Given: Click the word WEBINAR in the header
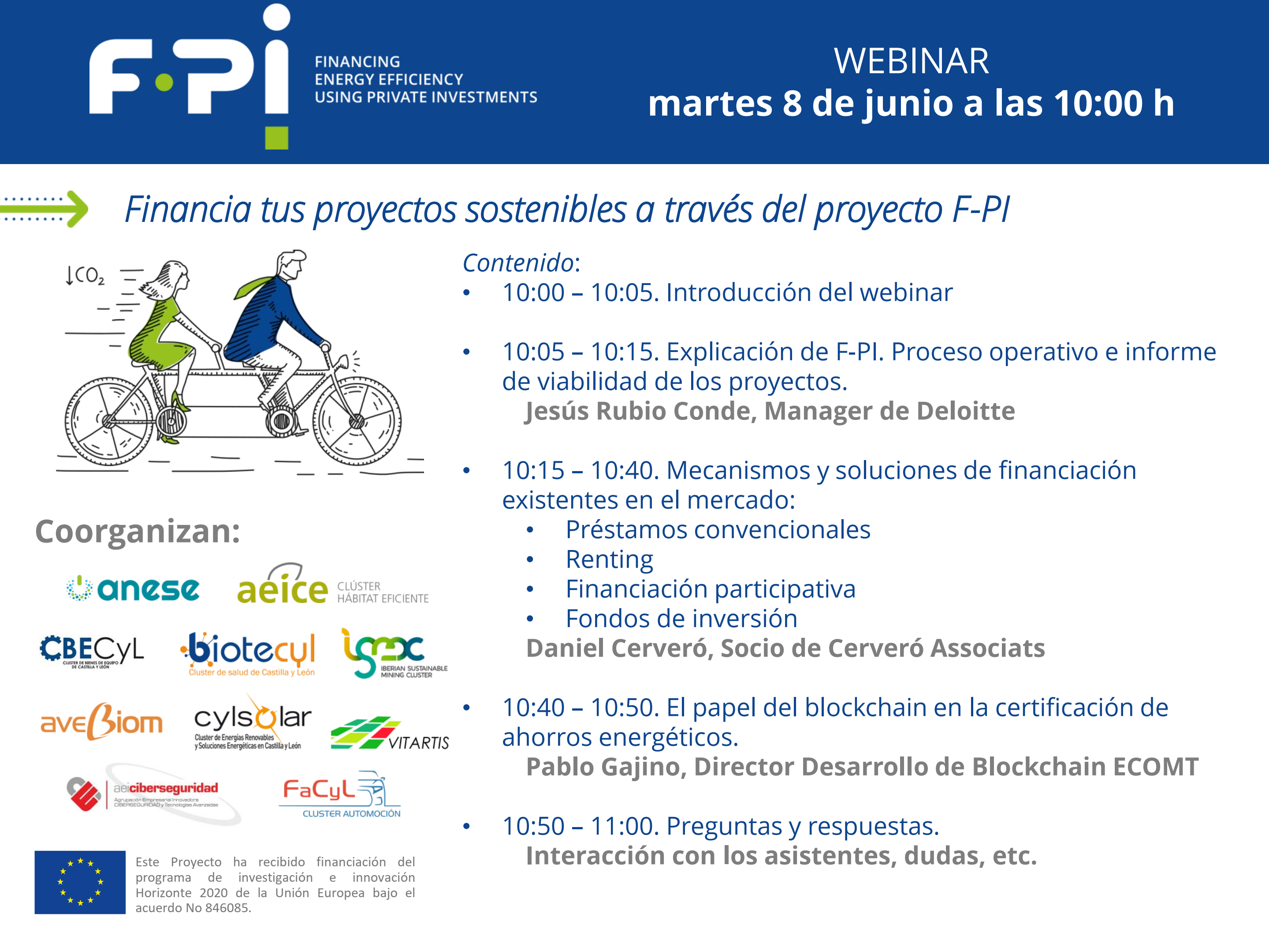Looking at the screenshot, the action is (x=911, y=61).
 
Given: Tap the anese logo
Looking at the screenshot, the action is (x=133, y=589).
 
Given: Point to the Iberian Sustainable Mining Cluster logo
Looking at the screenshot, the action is (x=394, y=653).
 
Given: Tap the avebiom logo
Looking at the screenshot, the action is (x=101, y=722).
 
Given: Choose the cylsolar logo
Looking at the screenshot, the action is (x=253, y=722).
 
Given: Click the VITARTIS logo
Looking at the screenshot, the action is (x=390, y=734).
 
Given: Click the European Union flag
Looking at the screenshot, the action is (x=80, y=882).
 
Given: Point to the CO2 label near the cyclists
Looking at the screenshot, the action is (x=85, y=276).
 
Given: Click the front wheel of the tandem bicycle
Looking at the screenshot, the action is (x=357, y=421).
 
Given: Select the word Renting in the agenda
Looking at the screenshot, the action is (x=609, y=560).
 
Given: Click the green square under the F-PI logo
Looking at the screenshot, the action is (x=276, y=138).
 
